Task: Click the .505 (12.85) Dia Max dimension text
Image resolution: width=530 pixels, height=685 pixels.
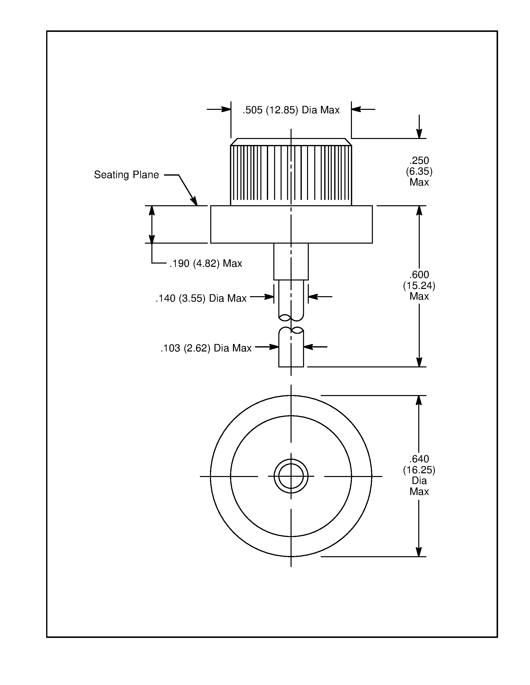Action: click(x=291, y=110)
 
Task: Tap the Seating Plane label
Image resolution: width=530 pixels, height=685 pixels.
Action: click(x=126, y=175)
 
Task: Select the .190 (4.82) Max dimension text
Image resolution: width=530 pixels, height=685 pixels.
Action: click(x=206, y=264)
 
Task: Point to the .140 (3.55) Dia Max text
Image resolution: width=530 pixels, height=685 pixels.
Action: click(x=201, y=298)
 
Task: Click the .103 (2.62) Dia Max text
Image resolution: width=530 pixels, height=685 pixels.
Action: click(x=206, y=348)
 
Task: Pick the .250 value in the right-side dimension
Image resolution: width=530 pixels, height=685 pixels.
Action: click(x=419, y=161)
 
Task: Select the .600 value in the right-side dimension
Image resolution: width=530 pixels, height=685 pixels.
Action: click(x=419, y=275)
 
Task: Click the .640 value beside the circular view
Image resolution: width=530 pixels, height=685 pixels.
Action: click(x=419, y=459)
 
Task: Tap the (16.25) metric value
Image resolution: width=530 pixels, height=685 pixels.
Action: click(x=419, y=470)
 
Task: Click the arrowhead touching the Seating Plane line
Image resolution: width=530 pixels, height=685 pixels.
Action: click(x=195, y=201)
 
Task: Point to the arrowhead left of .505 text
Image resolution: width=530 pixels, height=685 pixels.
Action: click(x=226, y=109)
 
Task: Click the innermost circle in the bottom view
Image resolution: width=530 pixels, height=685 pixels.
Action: click(x=291, y=476)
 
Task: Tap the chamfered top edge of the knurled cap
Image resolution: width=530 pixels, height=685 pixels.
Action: click(x=291, y=142)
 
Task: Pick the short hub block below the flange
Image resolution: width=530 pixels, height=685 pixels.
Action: click(x=291, y=262)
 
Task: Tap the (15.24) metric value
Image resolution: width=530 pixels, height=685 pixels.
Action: click(x=419, y=286)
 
